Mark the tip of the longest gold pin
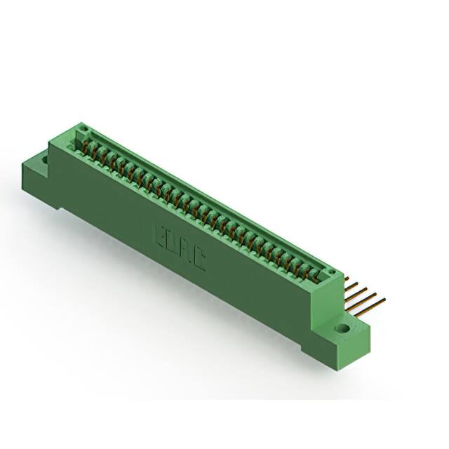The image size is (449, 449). click(x=384, y=300)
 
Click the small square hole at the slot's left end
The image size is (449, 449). click(x=82, y=130)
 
